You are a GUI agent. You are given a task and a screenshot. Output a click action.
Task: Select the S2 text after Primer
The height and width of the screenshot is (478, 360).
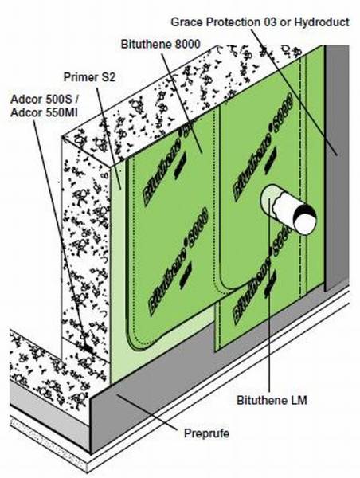[x=109, y=77]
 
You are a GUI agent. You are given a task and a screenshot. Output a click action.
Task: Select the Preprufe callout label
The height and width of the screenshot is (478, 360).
[x=199, y=434]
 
